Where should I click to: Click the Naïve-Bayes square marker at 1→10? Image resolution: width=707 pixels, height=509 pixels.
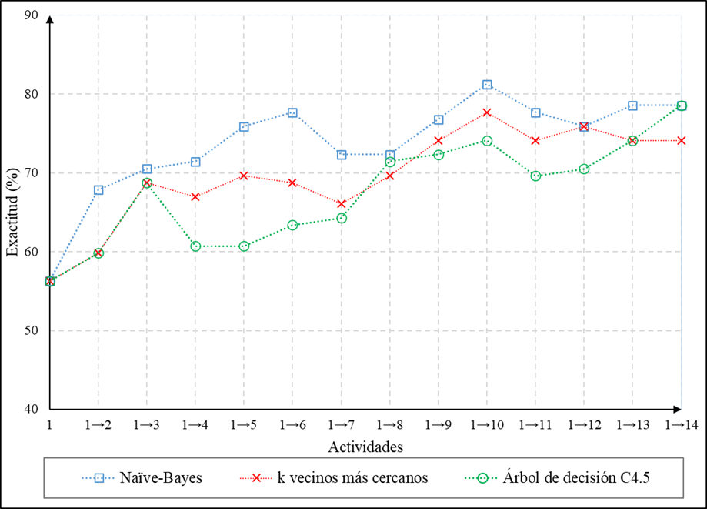(x=487, y=85)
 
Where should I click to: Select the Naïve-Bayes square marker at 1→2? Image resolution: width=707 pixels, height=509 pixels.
(x=98, y=190)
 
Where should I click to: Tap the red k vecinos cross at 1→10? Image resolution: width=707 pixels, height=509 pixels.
(x=487, y=112)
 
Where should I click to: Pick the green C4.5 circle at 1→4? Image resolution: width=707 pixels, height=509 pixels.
(x=195, y=246)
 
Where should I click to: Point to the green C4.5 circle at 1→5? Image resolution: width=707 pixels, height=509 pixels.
(x=244, y=246)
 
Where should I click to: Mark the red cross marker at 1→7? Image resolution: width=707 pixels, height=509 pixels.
(x=341, y=204)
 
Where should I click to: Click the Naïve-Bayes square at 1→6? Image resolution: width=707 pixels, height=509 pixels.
(x=292, y=112)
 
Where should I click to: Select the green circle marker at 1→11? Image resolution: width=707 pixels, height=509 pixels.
(x=535, y=176)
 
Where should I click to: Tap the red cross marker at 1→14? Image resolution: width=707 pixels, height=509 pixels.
(x=681, y=141)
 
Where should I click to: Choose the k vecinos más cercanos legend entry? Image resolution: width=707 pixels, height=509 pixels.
(x=343, y=477)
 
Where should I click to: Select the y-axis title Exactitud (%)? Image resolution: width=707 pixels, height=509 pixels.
(x=12, y=211)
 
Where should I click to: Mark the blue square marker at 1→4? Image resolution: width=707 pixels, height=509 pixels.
(x=195, y=162)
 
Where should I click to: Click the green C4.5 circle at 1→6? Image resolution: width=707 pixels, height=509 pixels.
(x=292, y=226)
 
